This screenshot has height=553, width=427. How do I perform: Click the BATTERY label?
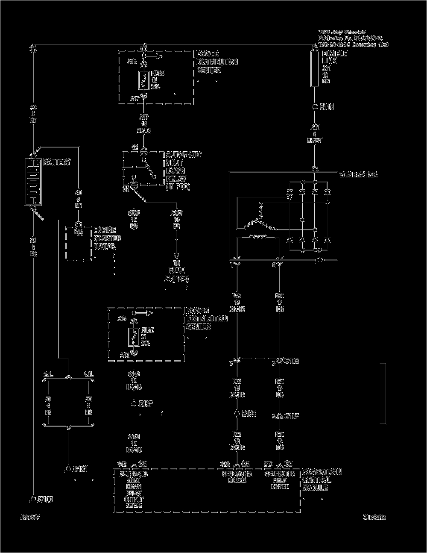coord(57,162)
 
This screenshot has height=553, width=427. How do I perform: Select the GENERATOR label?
coord(358,175)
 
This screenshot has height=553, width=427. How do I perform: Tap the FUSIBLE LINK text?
coord(335,57)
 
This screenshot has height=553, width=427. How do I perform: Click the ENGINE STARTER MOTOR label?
coord(107,238)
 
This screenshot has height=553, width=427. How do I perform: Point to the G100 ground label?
coord(45,499)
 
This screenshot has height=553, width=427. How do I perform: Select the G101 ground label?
coord(80,469)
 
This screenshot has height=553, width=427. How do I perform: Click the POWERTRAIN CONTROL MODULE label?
coord(322,479)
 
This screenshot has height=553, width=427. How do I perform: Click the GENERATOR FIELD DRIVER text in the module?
coord(280,480)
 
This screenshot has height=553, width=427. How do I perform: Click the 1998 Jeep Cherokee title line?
coord(342,32)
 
